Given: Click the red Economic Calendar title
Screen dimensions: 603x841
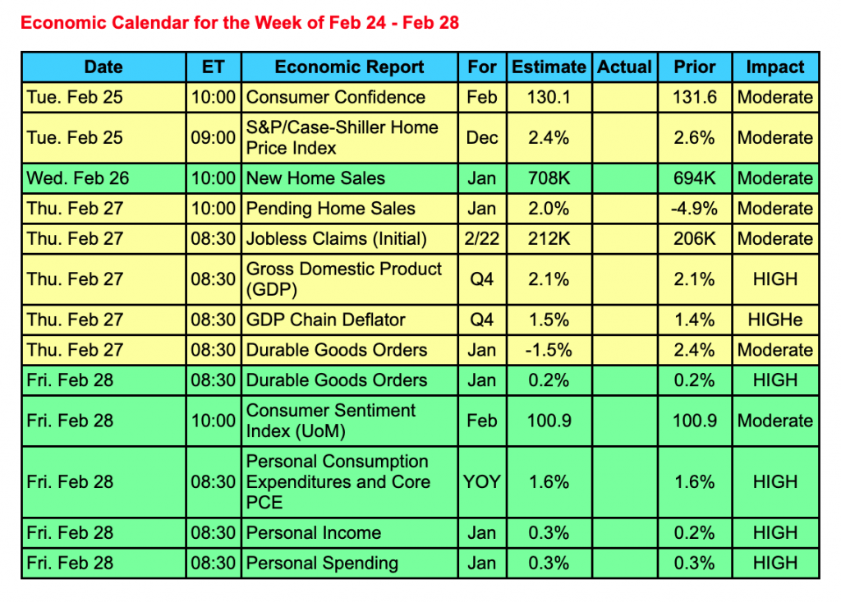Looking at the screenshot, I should [x=240, y=22].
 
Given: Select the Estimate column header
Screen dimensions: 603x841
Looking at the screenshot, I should [x=549, y=67].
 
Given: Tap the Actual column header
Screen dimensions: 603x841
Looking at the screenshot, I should [x=624, y=67].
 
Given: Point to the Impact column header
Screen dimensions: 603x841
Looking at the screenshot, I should [x=774, y=67].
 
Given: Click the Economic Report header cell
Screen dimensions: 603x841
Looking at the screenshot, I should [x=349, y=67].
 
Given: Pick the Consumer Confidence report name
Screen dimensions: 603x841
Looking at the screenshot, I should [x=336, y=97].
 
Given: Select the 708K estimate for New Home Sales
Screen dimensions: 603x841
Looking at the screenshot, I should [x=549, y=178].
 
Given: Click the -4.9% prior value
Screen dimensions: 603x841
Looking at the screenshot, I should [x=695, y=209].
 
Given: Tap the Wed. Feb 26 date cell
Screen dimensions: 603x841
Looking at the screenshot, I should [x=78, y=178].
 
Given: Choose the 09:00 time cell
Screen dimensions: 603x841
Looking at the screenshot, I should [x=214, y=138].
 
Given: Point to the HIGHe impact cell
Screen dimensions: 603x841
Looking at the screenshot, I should [x=774, y=320].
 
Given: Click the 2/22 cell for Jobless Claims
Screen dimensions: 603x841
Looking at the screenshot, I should [x=482, y=239].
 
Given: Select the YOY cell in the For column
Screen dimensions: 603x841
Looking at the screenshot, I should [x=482, y=481].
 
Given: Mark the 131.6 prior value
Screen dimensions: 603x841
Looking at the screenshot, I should [x=695, y=97].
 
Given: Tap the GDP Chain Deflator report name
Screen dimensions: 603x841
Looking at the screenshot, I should [x=325, y=320].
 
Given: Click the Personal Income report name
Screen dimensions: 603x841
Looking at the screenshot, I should [x=314, y=532].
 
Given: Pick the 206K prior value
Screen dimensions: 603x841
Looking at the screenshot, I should [x=695, y=239].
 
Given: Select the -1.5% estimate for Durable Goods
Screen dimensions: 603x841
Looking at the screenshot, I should [x=549, y=350].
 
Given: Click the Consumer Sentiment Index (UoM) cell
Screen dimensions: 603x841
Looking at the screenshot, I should [x=331, y=421].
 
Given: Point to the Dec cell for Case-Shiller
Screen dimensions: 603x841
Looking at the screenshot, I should [x=482, y=138].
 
